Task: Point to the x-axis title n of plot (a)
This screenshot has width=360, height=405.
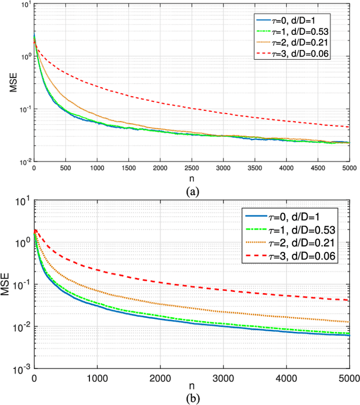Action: click(191, 179)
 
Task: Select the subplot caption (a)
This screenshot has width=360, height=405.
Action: click(191, 192)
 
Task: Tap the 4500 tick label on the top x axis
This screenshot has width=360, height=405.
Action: click(317, 168)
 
